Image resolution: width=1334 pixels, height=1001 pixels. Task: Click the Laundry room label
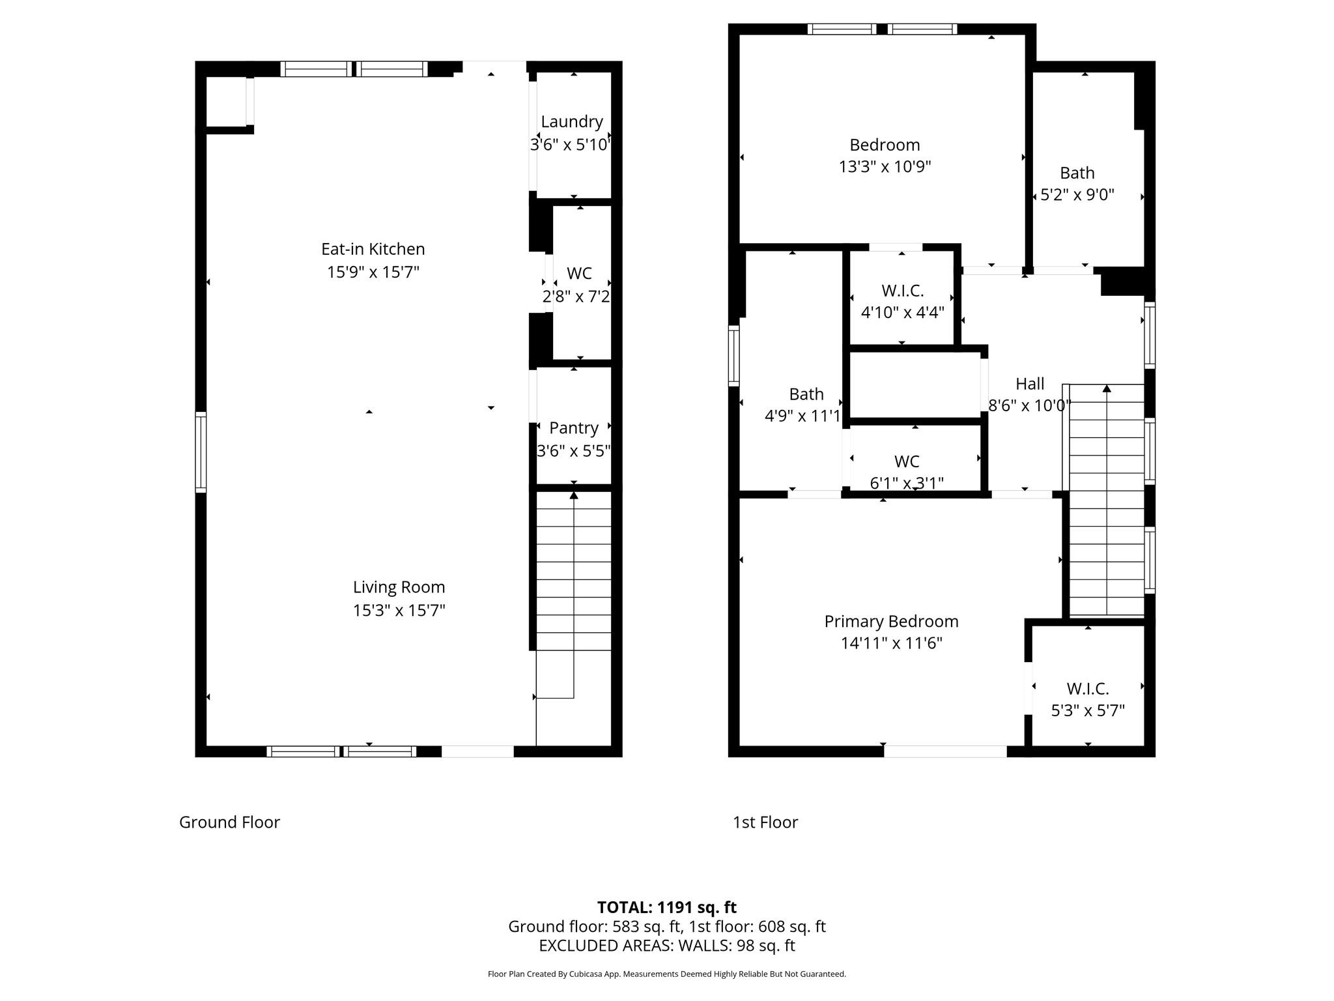click(x=571, y=122)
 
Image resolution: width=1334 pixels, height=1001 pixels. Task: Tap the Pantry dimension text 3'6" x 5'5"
click(x=573, y=451)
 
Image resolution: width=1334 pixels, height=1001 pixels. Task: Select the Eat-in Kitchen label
click(x=373, y=249)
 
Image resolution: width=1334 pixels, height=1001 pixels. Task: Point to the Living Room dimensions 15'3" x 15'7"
click(x=399, y=611)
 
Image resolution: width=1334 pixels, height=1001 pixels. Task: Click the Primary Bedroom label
click(x=891, y=621)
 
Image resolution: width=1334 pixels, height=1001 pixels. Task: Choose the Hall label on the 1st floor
click(x=1029, y=384)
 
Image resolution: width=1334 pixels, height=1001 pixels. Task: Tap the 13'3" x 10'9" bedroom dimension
click(x=885, y=167)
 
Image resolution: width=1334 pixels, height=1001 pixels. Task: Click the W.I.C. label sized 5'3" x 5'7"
click(x=1087, y=688)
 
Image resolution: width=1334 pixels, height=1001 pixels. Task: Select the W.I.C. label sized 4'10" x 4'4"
click(x=902, y=291)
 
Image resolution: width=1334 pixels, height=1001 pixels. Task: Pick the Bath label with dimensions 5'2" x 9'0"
click(x=1077, y=173)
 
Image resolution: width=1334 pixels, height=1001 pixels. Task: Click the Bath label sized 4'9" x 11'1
click(x=806, y=394)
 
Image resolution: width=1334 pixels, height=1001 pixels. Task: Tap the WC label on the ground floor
click(x=579, y=273)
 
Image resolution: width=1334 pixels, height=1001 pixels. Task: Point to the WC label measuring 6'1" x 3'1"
click(x=907, y=461)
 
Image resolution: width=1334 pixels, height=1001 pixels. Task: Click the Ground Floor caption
click(x=229, y=822)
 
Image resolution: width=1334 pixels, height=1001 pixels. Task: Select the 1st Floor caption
click(x=765, y=822)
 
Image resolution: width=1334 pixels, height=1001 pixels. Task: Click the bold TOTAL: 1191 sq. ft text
click(x=666, y=907)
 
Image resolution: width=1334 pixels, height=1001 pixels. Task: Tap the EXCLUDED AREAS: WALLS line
click(x=666, y=946)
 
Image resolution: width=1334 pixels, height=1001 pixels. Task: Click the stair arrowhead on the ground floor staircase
click(x=573, y=495)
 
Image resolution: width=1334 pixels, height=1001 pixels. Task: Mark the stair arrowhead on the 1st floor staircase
click(x=1106, y=388)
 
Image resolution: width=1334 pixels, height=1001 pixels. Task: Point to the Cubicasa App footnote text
click(x=666, y=974)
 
